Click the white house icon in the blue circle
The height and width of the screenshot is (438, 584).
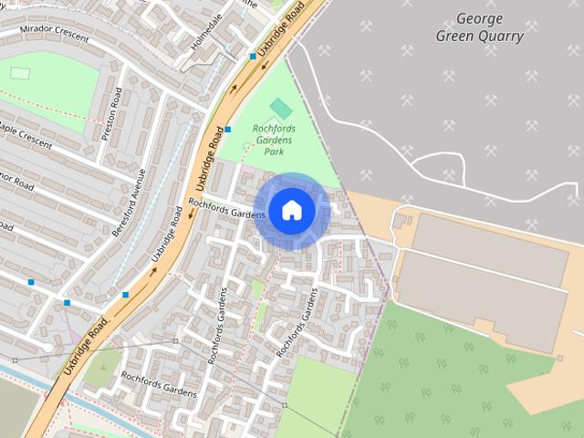coord(291,210)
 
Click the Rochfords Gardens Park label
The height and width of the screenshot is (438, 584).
coord(274,141)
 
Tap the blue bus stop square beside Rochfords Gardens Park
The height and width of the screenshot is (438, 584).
coord(228,130)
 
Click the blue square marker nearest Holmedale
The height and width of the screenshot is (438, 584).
coord(253,57)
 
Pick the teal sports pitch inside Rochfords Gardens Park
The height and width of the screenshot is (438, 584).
coord(281,109)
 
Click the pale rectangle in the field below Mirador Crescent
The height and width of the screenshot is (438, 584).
coord(19,73)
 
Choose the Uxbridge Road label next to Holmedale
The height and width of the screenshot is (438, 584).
coord(279,32)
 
